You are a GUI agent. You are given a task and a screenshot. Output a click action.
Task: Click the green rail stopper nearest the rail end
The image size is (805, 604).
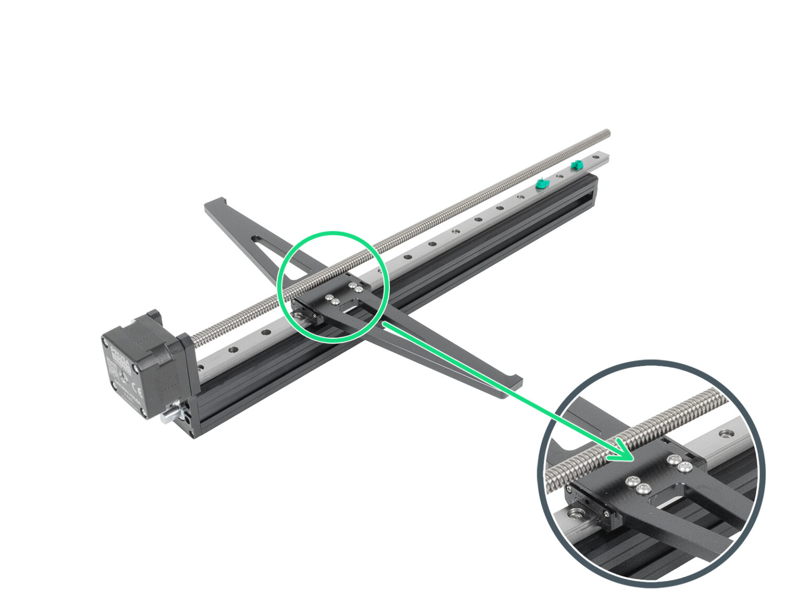point(576,165)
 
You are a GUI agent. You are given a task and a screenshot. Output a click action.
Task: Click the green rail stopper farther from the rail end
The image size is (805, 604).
point(542,184)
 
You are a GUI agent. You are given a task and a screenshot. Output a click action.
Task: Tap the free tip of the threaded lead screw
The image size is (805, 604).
point(607,132)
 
